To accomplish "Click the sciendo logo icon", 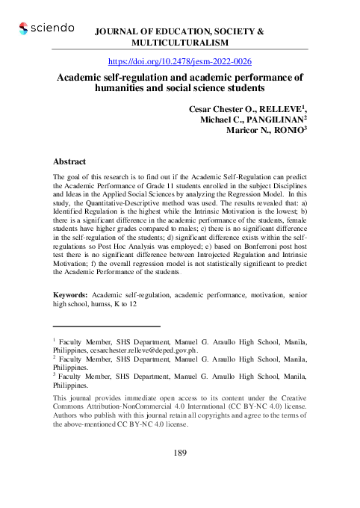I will (x=24, y=28).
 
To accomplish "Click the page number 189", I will (x=180, y=453).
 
